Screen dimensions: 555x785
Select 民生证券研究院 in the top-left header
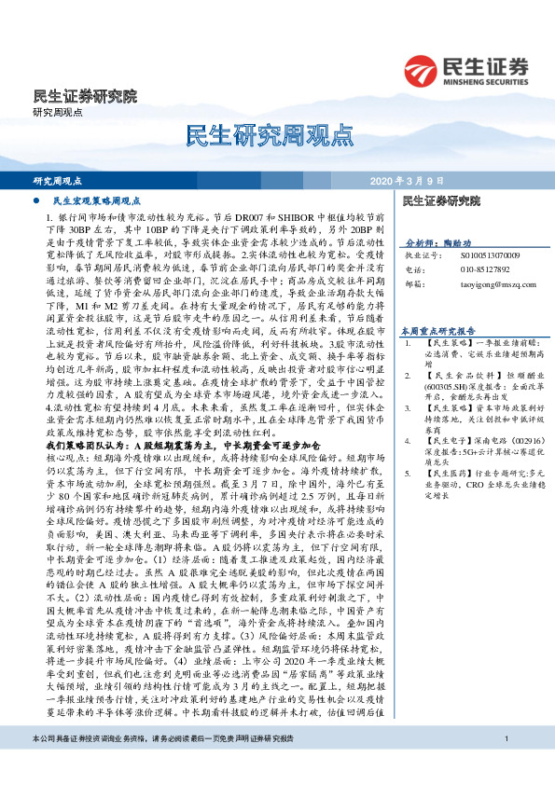click(x=85, y=95)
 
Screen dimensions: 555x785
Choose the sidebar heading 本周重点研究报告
click(x=438, y=330)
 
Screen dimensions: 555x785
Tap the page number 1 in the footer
click(x=504, y=765)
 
